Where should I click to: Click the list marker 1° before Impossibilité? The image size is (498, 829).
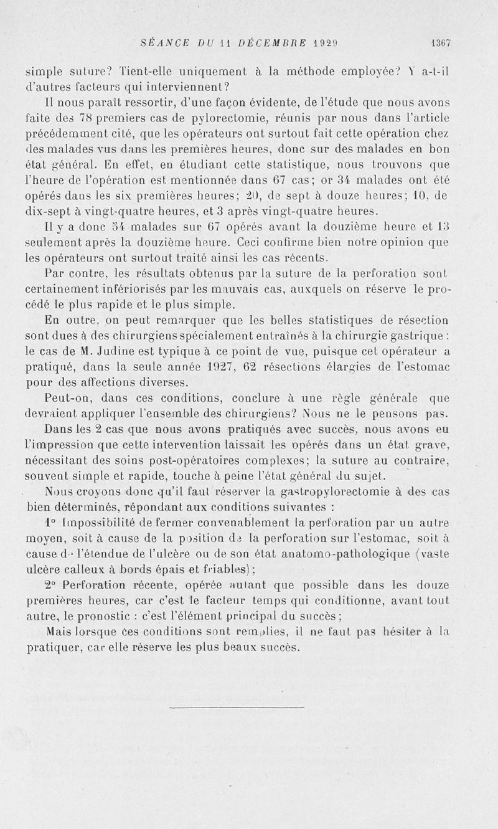pos(52,523)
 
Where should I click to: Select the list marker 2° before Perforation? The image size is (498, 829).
pos(52,586)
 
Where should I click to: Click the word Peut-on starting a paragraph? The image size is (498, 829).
pos(69,398)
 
